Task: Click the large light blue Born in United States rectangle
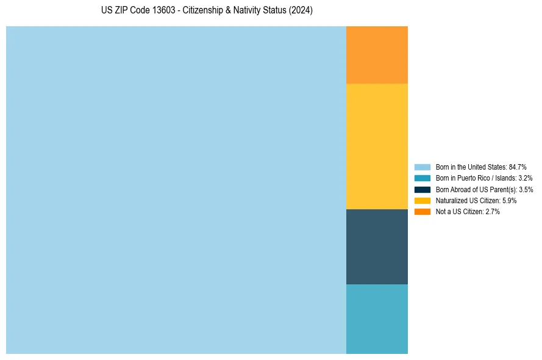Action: pos(176,190)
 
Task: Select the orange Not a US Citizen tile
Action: pos(377,55)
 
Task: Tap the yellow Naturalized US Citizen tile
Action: pos(377,146)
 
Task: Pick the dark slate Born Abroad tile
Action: pos(377,247)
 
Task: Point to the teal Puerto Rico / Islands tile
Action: pos(377,319)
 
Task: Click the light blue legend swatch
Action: pos(423,167)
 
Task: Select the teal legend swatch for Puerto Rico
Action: pos(423,178)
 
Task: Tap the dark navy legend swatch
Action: pos(423,189)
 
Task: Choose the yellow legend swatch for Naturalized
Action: pos(423,200)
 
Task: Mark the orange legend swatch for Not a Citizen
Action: pos(423,212)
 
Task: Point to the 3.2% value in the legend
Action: pos(525,178)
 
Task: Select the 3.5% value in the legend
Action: pos(526,189)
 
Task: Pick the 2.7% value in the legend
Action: pos(493,212)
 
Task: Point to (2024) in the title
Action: pos(301,11)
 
